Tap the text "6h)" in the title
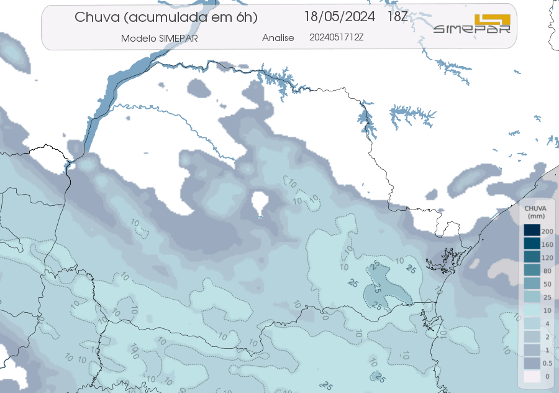coord(245,17)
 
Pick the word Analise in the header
coord(278,38)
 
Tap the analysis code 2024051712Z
coord(336,37)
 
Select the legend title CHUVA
coord(535,208)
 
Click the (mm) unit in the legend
coord(535,216)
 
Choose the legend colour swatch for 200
coord(531,231)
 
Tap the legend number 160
coord(547,244)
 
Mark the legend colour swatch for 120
coord(531,257)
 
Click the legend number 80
coord(547,271)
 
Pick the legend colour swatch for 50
coord(531,284)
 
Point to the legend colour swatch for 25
coord(531,297)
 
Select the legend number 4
coord(547,323)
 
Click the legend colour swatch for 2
coord(531,336)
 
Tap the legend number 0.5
coord(547,363)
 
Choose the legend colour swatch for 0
coord(531,376)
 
